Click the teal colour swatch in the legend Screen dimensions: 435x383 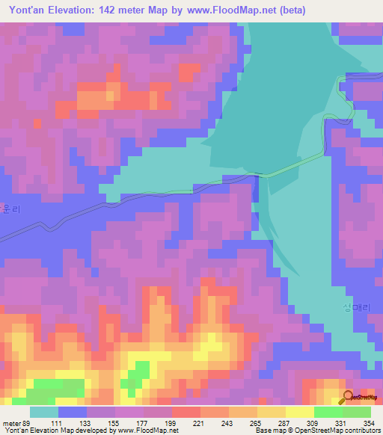click(44, 413)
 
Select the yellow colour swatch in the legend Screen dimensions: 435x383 click(299, 413)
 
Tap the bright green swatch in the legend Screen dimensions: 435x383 click(328, 413)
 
